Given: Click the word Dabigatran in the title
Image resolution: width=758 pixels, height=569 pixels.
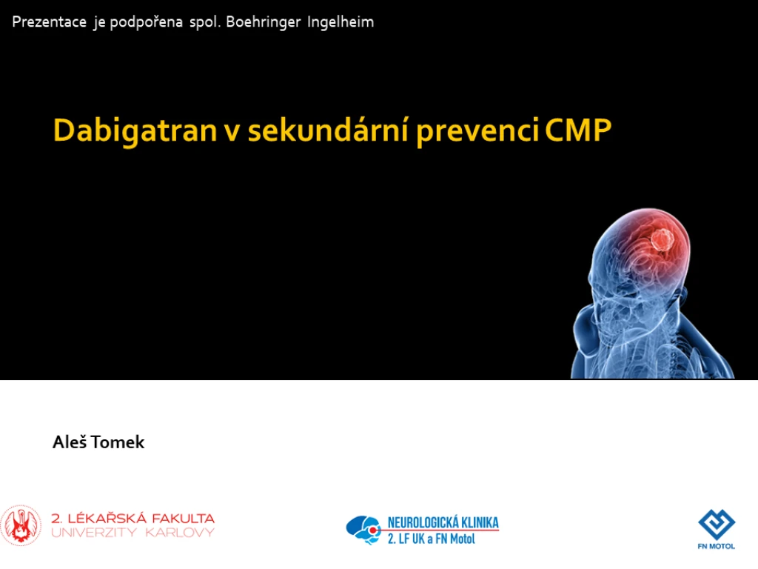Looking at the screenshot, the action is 135,130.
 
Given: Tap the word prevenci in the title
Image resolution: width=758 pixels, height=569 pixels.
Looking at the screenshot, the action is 477,130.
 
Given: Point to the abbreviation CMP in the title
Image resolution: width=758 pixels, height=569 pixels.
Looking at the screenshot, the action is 578,130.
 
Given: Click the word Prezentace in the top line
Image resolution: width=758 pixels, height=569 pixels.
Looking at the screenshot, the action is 50,21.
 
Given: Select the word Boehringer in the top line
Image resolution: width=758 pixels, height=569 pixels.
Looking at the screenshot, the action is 264,22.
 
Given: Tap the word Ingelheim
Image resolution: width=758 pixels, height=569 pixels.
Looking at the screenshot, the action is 341,22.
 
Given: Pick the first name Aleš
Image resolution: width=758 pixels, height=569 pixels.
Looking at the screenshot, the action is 70,442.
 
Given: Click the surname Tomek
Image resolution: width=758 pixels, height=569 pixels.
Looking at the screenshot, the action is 118,442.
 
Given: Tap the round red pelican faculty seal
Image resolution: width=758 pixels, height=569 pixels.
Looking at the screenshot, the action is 21,526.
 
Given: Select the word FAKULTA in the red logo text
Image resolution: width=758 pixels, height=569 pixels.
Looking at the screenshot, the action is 184,518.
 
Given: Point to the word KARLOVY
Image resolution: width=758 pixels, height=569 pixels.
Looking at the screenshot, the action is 180,533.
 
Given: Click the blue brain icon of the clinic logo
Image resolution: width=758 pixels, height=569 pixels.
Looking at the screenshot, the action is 363,530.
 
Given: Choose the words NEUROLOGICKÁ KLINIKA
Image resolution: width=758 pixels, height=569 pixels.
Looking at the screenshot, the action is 443,522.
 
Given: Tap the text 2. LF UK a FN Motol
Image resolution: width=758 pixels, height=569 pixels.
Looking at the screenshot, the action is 432,539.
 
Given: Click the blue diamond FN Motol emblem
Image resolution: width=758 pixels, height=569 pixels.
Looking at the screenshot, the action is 717,525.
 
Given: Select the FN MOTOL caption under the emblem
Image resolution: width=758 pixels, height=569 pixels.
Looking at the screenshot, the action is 717,546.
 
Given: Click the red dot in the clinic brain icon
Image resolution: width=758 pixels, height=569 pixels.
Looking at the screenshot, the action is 373,530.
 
